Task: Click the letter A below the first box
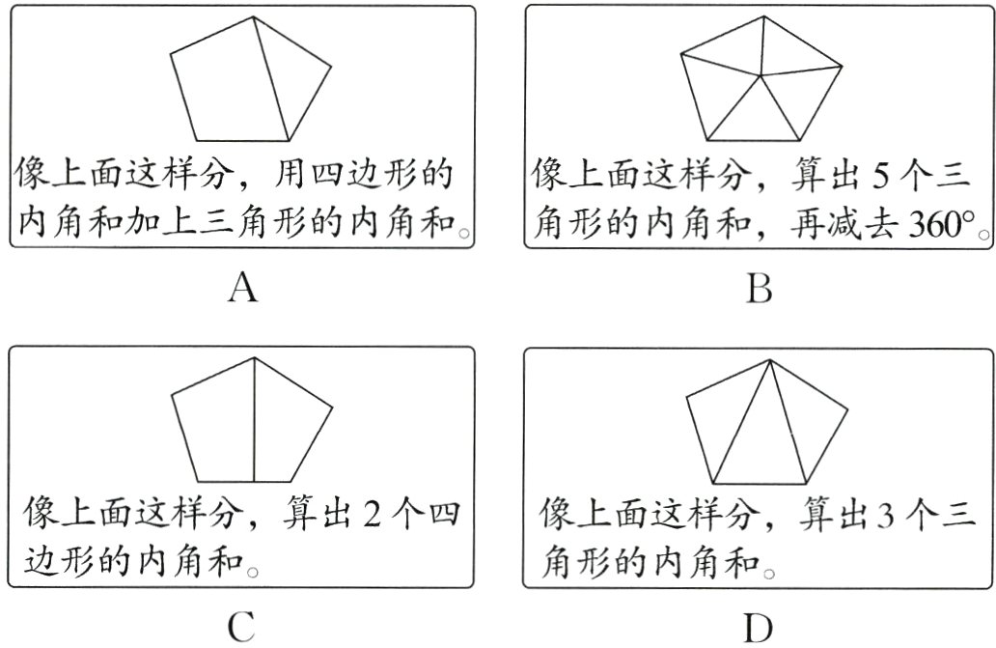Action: (x=244, y=287)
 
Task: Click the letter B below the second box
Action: (x=760, y=287)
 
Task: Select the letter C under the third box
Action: (x=241, y=627)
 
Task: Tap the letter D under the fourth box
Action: (x=760, y=627)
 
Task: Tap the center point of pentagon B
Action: (x=762, y=74)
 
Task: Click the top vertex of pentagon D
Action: (x=769, y=360)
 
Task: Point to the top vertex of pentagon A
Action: (x=253, y=16)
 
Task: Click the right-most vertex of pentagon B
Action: (x=842, y=65)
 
